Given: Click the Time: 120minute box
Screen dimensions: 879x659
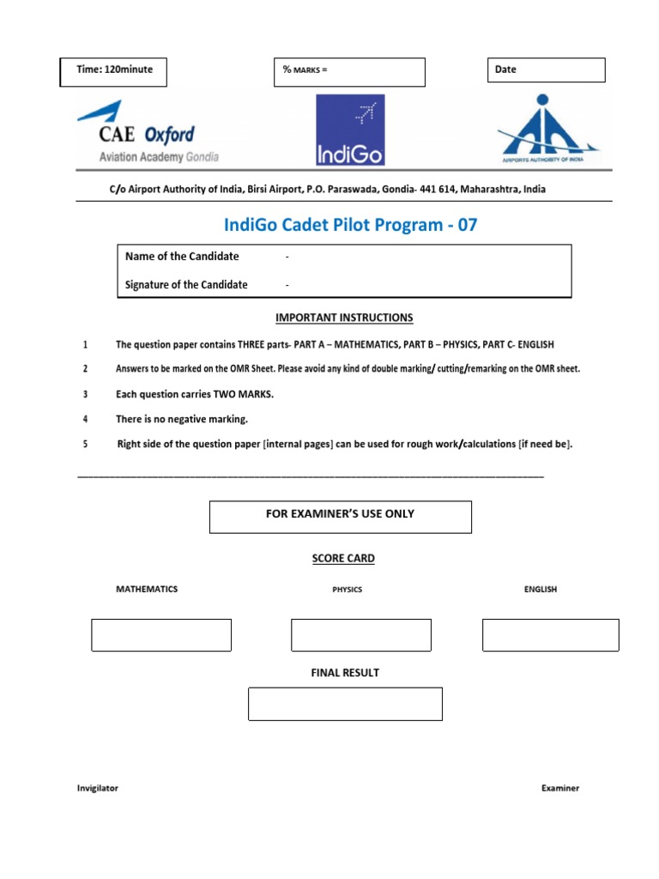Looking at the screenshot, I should click(x=113, y=72).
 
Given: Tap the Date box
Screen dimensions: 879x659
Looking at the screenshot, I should click(x=547, y=70).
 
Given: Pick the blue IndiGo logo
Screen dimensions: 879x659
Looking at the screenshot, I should click(x=350, y=130).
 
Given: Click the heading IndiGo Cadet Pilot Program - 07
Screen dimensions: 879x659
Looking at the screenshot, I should click(x=350, y=225).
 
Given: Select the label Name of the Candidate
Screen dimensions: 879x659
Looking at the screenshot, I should click(x=182, y=256).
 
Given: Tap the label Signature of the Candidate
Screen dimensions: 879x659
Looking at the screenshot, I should click(x=186, y=284).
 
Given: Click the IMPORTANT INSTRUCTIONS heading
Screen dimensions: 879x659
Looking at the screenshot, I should click(x=344, y=318).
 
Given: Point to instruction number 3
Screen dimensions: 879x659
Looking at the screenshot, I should click(x=85, y=394).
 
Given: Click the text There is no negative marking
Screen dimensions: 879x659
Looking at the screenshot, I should click(x=182, y=419).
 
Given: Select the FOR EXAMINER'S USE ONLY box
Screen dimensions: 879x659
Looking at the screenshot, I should click(x=341, y=517).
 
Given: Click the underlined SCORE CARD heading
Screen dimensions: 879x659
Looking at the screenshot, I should click(x=343, y=558).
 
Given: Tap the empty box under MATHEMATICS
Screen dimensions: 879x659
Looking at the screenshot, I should click(x=161, y=634).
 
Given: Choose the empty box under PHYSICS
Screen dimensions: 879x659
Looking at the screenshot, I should click(x=361, y=634).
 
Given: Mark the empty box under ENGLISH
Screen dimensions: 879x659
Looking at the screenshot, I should click(x=550, y=634).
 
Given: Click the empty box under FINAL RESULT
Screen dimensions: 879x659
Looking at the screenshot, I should click(x=345, y=703).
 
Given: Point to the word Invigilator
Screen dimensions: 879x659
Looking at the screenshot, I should click(x=98, y=787).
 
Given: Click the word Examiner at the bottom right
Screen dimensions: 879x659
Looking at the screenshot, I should click(x=559, y=787).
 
